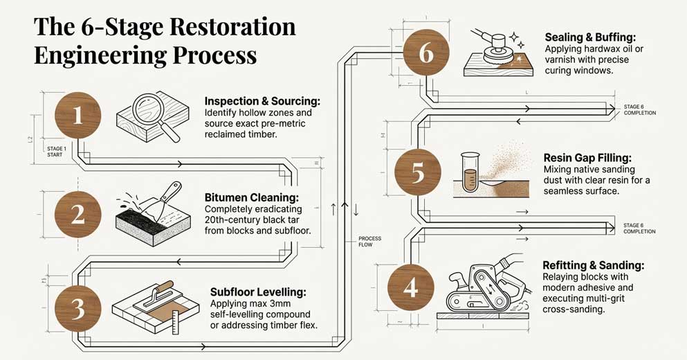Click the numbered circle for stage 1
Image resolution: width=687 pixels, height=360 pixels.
(x=77, y=115)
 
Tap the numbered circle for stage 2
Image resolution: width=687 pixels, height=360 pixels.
(x=77, y=213)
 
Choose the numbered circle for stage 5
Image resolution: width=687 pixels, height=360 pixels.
(x=418, y=172)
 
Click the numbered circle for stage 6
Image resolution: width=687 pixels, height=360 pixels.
(x=426, y=53)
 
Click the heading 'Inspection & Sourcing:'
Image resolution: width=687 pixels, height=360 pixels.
(x=262, y=101)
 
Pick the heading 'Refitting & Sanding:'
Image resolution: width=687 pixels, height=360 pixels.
(x=594, y=265)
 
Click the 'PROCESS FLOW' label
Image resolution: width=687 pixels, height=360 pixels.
(x=369, y=242)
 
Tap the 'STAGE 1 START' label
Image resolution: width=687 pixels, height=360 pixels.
(x=55, y=152)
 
